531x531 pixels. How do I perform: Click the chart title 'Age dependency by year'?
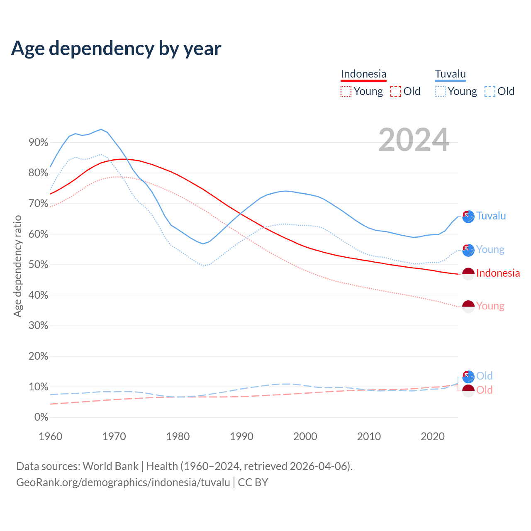point(116,48)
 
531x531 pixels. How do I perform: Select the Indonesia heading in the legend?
point(363,74)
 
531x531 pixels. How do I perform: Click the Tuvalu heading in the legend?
point(450,74)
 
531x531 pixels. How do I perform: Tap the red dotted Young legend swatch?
point(346,91)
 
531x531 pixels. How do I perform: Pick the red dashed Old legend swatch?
point(396,91)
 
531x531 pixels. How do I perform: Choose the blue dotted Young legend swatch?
point(440,91)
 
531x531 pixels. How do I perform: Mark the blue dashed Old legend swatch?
point(490,91)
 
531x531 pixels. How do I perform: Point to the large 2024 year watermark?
point(414,140)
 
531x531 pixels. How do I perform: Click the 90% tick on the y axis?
point(39,143)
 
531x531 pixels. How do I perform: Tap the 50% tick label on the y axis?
point(39,265)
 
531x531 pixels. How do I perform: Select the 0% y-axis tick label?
point(41,417)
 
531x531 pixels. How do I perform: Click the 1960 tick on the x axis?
point(50,436)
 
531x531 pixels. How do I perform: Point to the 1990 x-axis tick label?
point(241,436)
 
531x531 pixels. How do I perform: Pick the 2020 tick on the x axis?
point(433,436)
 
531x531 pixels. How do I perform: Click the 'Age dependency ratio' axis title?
point(17,266)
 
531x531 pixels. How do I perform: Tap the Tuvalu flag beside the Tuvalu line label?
point(468,217)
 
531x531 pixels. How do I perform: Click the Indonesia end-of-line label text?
point(498,273)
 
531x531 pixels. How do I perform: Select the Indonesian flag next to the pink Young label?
point(468,307)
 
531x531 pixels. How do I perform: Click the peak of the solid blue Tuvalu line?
point(101,129)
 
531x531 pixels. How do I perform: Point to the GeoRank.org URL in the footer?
point(123,482)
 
